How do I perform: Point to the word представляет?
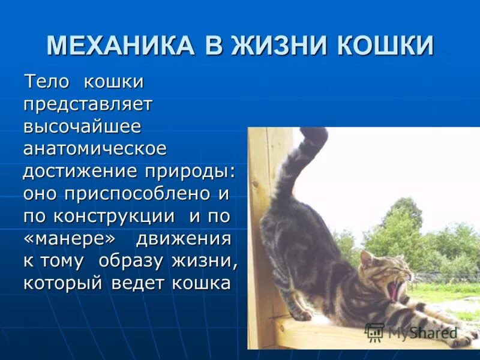pos(88,104)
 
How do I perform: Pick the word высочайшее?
pos(82,127)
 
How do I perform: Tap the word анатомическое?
pos(95,149)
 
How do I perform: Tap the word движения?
pos(183,238)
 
